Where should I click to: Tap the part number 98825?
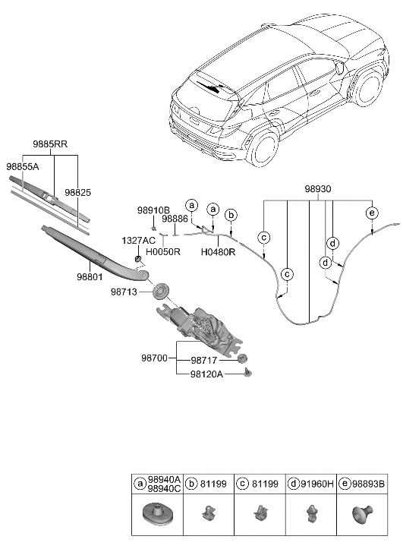[77, 194]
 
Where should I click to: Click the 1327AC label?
[138, 240]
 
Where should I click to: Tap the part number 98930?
[318, 188]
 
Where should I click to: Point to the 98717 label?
[206, 361]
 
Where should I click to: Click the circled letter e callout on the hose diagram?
[371, 213]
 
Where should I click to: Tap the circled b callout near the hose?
[232, 215]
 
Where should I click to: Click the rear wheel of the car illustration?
[266, 148]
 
